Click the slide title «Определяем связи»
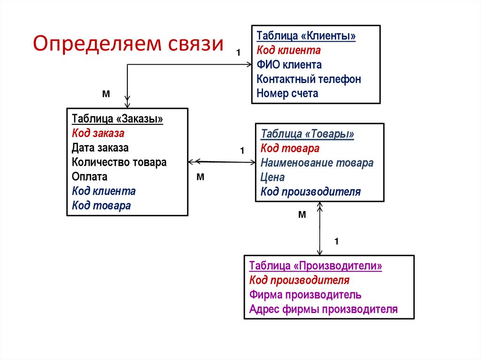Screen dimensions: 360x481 (x=128, y=44)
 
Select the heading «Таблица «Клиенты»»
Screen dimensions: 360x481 (x=306, y=36)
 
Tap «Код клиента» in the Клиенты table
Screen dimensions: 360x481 (x=288, y=50)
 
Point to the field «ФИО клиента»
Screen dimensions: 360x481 (x=289, y=64)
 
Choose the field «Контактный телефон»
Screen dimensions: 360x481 (x=309, y=79)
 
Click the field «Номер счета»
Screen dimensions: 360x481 (x=287, y=93)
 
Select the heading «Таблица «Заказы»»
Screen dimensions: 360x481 (x=117, y=119)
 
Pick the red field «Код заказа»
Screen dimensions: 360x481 (x=98, y=133)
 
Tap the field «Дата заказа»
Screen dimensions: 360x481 (x=100, y=148)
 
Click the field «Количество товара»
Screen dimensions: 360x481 (x=119, y=162)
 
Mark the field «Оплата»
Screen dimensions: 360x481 (x=90, y=176)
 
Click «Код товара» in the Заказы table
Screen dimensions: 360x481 (x=101, y=205)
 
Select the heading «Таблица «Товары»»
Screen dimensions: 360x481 (x=307, y=134)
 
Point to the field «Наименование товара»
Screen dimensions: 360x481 (x=317, y=163)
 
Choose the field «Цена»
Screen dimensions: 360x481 (x=272, y=177)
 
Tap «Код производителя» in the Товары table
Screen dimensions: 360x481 (x=310, y=191)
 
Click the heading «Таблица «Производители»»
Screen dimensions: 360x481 (x=316, y=266)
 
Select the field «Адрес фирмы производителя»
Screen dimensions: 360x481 (x=323, y=309)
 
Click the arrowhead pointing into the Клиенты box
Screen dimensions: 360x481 (x=248, y=65)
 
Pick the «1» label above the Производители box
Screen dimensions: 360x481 (x=336, y=241)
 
